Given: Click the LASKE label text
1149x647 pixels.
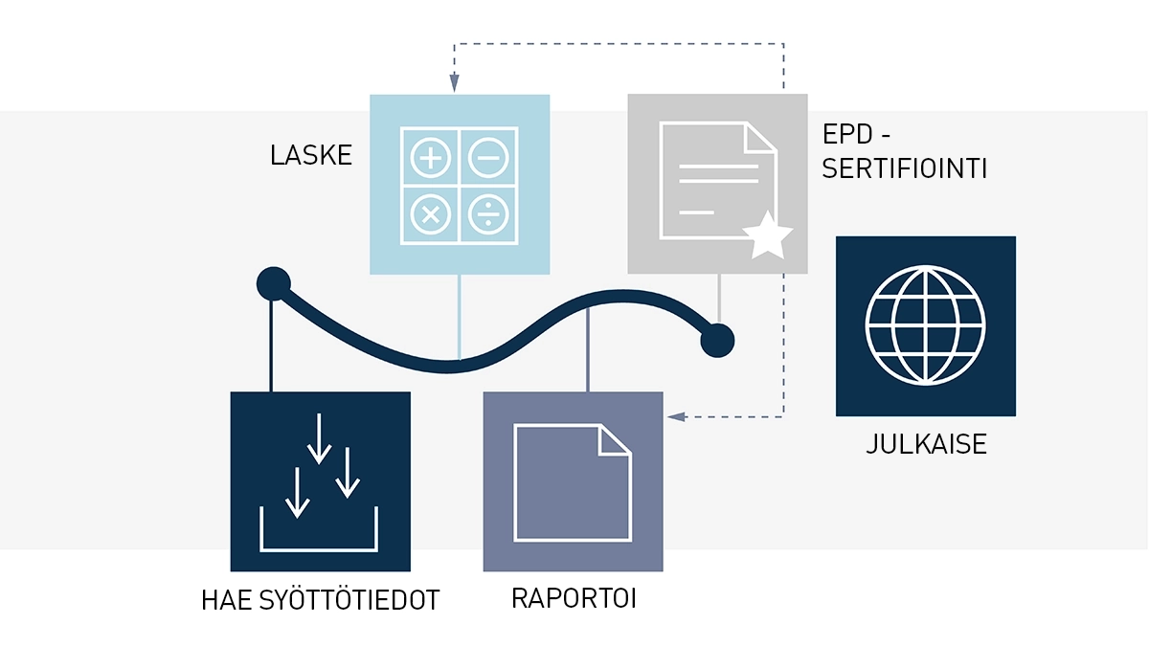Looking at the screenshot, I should [x=311, y=156].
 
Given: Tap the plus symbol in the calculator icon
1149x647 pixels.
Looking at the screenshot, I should [x=431, y=158].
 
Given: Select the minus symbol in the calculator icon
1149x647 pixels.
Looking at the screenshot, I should [x=488, y=158].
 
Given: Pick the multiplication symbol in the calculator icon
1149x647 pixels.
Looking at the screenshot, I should [x=431, y=214].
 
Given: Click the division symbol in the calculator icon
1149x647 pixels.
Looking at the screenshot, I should [x=488, y=214].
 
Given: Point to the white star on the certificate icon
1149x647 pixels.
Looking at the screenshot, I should [x=768, y=237].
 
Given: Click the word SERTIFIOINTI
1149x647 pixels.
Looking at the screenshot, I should [x=905, y=169].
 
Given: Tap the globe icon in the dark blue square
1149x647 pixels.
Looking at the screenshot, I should [x=925, y=325].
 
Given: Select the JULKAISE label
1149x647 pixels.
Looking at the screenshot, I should [x=926, y=445].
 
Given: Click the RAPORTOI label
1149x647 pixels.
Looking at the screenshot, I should [x=574, y=599].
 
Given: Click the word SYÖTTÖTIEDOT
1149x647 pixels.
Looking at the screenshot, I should [x=354, y=601].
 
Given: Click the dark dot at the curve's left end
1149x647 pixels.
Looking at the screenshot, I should [x=274, y=283].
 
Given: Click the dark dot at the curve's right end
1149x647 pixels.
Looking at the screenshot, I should [x=717, y=339].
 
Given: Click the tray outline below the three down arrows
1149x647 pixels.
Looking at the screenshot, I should [x=319, y=547].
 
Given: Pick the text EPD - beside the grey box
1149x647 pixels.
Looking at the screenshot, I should [x=856, y=135].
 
